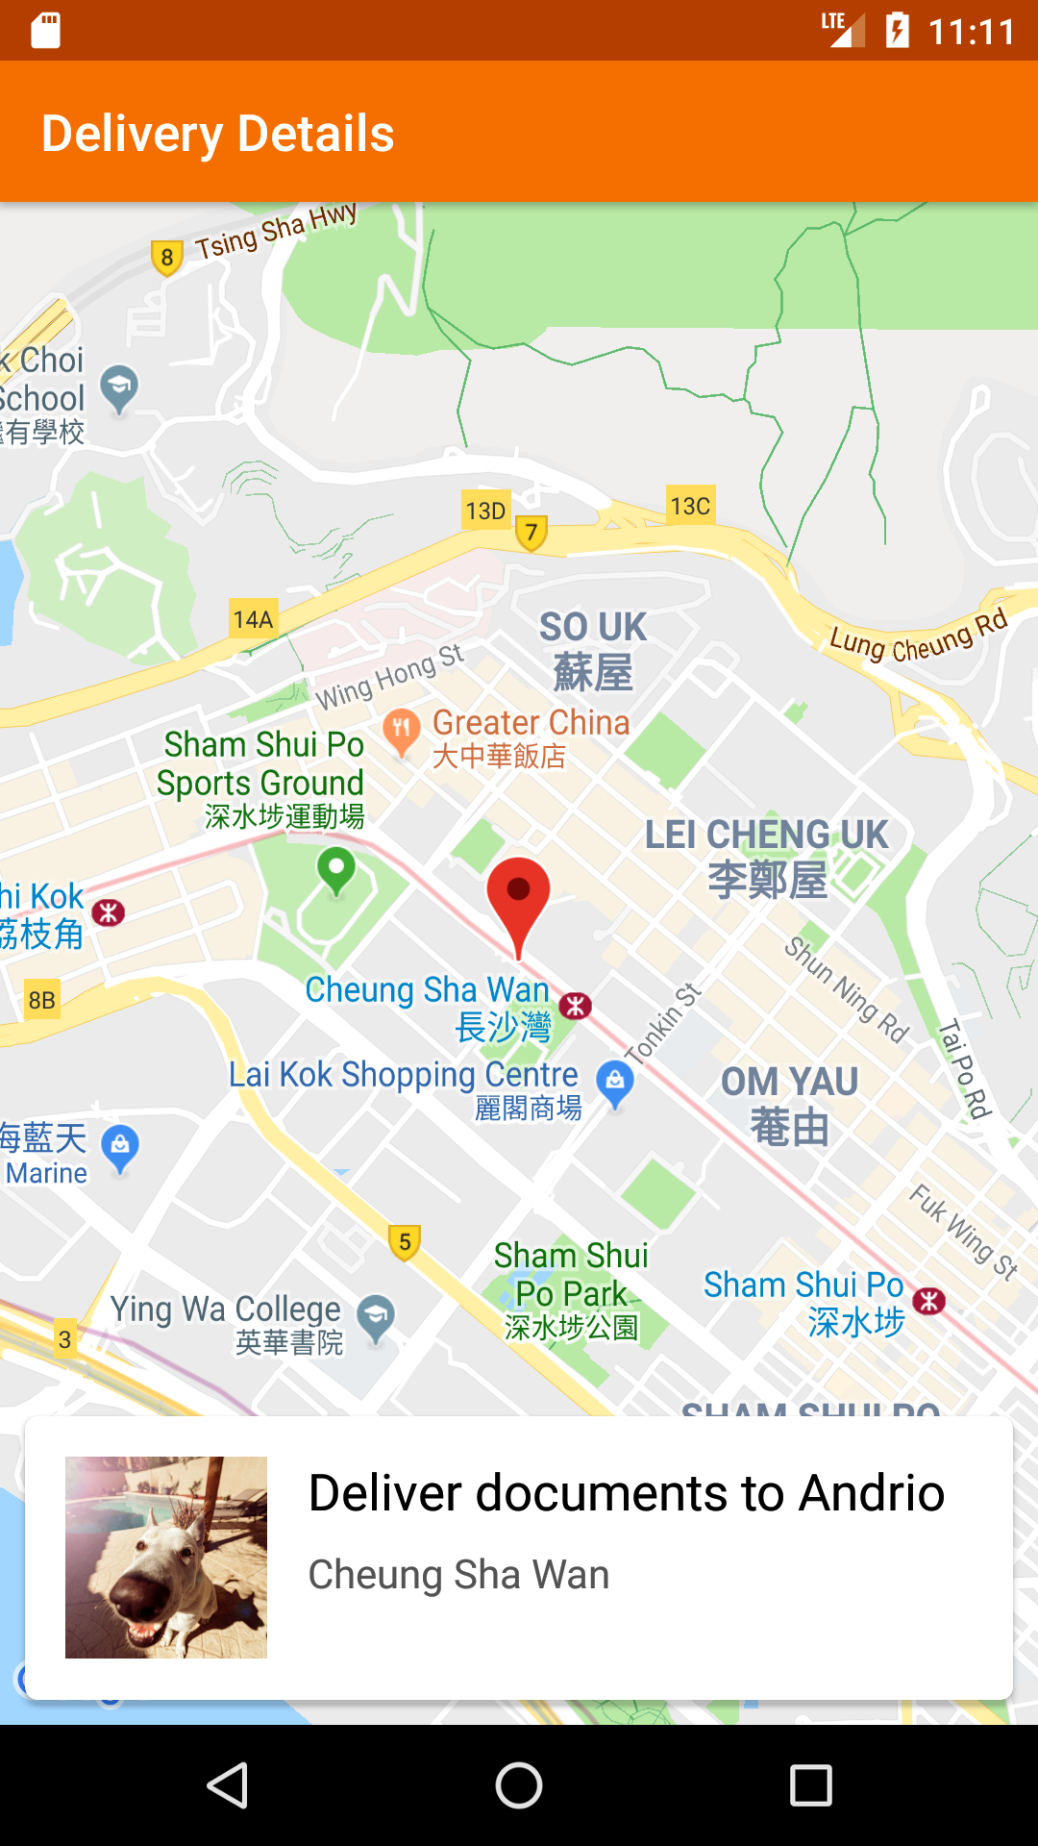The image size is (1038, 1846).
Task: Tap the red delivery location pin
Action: pos(518,898)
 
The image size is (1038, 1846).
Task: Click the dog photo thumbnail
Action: pos(166,1557)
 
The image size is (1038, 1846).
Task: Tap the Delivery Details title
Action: pos(218,134)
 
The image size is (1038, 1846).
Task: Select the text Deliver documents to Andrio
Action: pos(627,1493)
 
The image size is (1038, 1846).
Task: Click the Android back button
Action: pos(229,1785)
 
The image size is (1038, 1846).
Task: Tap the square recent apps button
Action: pos(810,1785)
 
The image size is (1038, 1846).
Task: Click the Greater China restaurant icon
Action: pos(402,730)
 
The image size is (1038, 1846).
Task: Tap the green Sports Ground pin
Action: pos(336,870)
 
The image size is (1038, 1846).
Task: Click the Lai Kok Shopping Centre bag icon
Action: pos(615,1082)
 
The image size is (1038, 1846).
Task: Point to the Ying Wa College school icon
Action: pos(376,1316)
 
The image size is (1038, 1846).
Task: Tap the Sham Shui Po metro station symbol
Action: pos(929,1301)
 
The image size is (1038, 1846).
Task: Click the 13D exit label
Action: pos(485,511)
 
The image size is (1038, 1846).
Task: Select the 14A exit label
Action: pos(253,619)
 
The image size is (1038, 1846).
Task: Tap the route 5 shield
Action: pos(405,1242)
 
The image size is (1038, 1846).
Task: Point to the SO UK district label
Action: pos(593,650)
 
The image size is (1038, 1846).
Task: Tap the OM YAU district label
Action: pos(789,1104)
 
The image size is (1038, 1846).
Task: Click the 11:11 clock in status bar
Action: pos(972,32)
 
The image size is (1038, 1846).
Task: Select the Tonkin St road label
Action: pos(663,1023)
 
